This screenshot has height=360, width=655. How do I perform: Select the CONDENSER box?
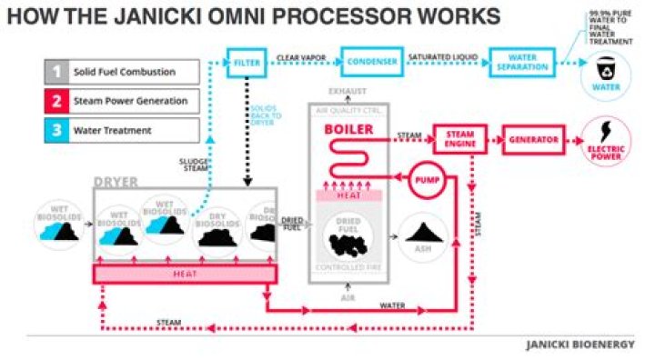[370, 62]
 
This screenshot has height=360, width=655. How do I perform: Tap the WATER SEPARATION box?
[521, 62]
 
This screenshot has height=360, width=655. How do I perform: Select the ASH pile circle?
[422, 233]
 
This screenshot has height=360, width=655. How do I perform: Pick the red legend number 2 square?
[56, 101]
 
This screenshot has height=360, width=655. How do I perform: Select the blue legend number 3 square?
[56, 129]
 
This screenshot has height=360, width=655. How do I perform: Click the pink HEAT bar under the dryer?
[185, 274]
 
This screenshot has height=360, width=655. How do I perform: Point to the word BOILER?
[348, 130]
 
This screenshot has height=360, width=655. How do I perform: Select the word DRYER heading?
[116, 182]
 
